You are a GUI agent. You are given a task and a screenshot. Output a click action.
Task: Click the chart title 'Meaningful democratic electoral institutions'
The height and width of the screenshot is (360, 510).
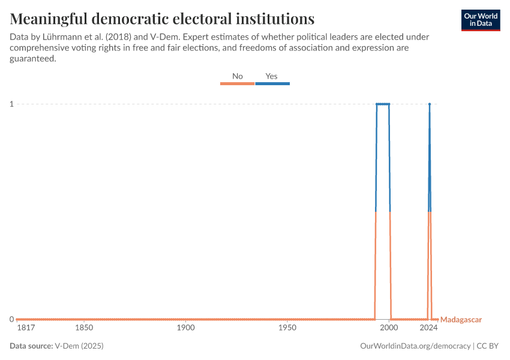[x=162, y=19]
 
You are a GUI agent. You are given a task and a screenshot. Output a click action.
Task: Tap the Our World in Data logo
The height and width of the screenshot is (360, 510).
[x=480, y=20]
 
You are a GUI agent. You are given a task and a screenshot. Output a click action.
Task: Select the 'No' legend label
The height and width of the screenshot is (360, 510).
[x=238, y=76]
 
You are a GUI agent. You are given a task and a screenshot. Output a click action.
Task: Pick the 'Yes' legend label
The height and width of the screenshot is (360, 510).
[x=272, y=76]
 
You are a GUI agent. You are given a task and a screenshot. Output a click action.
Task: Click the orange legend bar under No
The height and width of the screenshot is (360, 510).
[x=238, y=83]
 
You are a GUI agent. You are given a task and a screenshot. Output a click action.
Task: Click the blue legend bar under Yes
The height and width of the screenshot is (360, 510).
[x=272, y=83]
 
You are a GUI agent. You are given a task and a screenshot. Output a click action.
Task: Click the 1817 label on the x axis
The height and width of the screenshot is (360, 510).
[x=26, y=328]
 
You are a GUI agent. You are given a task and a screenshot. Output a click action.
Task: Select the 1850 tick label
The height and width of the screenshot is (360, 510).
[x=84, y=328]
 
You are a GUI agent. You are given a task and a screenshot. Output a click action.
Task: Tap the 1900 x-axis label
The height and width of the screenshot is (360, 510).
[x=186, y=328]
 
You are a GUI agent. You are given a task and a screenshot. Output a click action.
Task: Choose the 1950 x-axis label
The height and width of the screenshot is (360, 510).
[x=287, y=328]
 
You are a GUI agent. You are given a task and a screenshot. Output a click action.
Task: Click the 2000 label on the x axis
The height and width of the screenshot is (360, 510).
[x=389, y=328]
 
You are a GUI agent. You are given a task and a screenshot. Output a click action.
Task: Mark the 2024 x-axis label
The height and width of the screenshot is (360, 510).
[x=428, y=328]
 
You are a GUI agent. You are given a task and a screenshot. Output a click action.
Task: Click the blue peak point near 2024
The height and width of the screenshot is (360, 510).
[x=430, y=104]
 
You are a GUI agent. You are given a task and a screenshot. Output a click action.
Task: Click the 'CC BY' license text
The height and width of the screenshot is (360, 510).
[x=488, y=346]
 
